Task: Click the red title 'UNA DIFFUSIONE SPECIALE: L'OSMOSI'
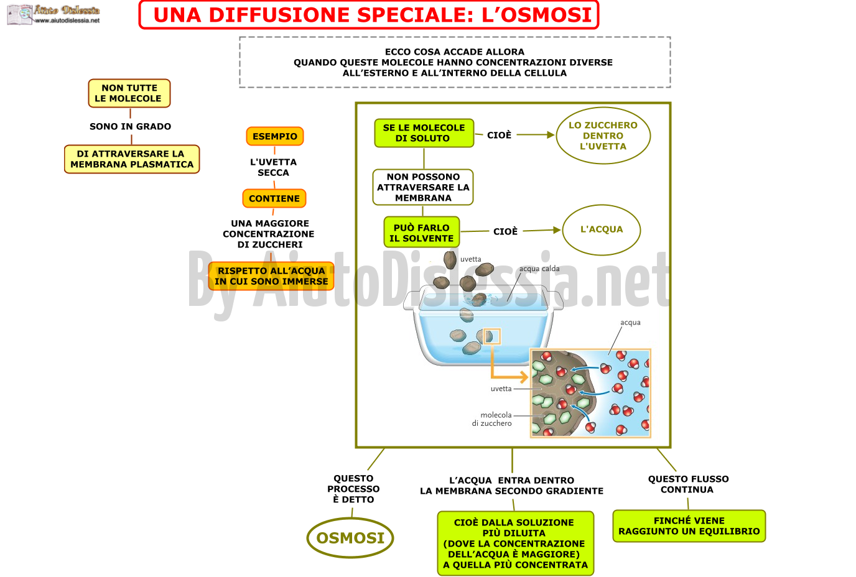pos(373,15)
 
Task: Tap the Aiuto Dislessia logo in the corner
pos(53,14)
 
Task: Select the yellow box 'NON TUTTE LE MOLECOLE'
pos(129,93)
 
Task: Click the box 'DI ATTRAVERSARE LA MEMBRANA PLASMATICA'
pos(132,159)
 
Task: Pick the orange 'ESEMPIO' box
pos(275,136)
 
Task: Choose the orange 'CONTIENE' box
pos(274,198)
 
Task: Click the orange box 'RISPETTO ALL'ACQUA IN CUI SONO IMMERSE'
pos(271,275)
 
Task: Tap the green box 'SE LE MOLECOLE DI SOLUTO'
pos(424,133)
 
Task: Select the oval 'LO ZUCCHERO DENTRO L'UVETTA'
pos(603,136)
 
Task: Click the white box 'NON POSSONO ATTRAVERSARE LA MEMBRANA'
pos(423,187)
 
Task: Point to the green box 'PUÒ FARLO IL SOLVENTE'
pos(422,233)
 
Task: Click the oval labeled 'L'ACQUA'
pos(602,229)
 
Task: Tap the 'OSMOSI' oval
pos(350,538)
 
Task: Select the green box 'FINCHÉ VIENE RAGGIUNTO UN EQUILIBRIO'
pos(689,526)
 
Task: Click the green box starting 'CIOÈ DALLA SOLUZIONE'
pos(516,543)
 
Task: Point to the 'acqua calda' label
pos(539,269)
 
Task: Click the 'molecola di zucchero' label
pos(492,419)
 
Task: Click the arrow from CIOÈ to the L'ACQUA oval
pos(541,230)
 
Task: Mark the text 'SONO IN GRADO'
pos(130,126)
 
